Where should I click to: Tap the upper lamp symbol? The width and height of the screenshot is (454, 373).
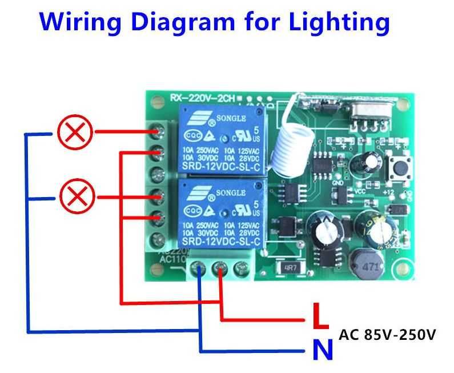click(x=75, y=133)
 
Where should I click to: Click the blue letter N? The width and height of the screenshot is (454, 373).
click(x=322, y=350)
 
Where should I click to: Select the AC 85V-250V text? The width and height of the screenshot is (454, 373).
click(x=387, y=334)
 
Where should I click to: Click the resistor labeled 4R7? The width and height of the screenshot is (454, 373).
click(x=288, y=267)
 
